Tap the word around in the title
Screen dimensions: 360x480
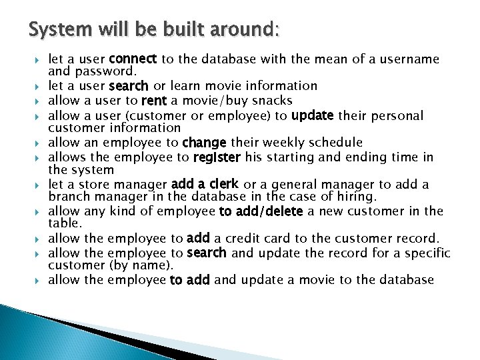pyautogui.click(x=237, y=29)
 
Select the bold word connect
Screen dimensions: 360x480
pyautogui.click(x=133, y=59)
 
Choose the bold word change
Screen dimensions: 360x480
pyautogui.click(x=205, y=143)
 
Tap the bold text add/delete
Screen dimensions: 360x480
pyautogui.click(x=261, y=211)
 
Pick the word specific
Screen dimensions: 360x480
pyautogui.click(x=426, y=253)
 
